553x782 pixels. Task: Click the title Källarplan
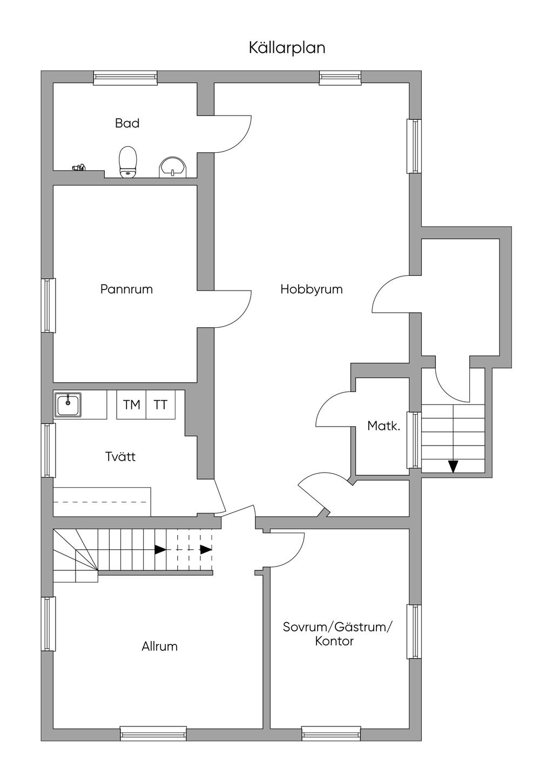[x=287, y=48]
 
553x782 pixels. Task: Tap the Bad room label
[x=127, y=123]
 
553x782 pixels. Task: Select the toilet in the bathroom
[x=127, y=162]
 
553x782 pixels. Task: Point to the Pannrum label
[x=126, y=289]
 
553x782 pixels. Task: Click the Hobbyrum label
[x=312, y=289]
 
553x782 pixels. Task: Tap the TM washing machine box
[x=131, y=405]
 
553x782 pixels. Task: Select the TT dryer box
[x=160, y=405]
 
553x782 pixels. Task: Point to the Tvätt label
[x=120, y=457]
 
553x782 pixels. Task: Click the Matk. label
[x=383, y=426]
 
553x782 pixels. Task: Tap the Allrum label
[x=159, y=646]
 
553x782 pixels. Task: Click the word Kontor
[x=334, y=641]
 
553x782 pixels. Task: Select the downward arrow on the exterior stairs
[x=453, y=467]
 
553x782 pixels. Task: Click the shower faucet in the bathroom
[x=78, y=167]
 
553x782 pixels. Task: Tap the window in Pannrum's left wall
[x=49, y=306]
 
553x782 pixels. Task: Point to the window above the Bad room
[x=125, y=78]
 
